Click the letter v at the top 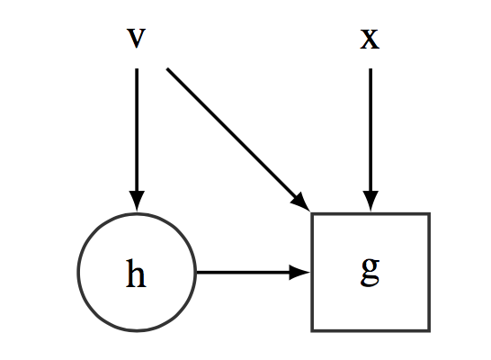click(136, 38)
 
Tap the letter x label click(370, 39)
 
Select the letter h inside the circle click(136, 274)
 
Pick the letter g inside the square click(370, 272)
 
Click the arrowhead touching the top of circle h click(137, 201)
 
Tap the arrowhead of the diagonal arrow click(302, 202)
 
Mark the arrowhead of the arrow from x click(370, 201)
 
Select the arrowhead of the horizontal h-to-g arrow click(299, 273)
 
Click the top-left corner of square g click(312, 213)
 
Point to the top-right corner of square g click(429, 213)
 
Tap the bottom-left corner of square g click(312, 330)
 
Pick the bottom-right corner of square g click(429, 330)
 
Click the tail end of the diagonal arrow click(167, 68)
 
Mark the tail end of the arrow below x click(370, 68)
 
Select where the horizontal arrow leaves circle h click(197, 273)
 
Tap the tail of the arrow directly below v click(137, 68)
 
